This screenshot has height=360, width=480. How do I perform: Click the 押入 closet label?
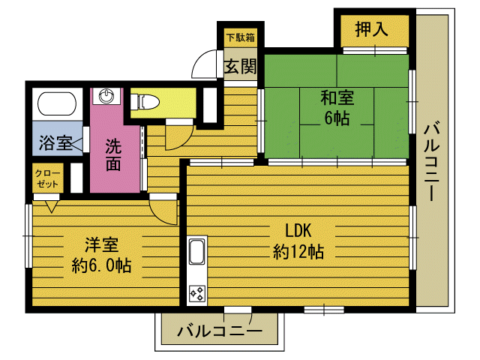coord(372,30)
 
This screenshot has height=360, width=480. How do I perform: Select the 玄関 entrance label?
coord(239,66)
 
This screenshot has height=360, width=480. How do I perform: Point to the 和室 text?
coord(337,98)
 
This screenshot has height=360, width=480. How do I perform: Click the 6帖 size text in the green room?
coord(337,118)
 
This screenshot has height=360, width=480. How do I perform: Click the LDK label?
coord(298,230)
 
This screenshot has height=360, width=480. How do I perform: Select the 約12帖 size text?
coord(298,252)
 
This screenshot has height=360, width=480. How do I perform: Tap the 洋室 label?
coord(102,244)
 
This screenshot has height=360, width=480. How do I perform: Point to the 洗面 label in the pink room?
coord(113,154)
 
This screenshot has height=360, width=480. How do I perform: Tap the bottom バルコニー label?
coord(219,330)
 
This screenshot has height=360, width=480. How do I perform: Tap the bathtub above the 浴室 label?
coord(56,103)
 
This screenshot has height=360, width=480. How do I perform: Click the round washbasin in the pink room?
coord(108,96)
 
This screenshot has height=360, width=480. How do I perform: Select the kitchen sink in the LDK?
coord(196,252)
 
